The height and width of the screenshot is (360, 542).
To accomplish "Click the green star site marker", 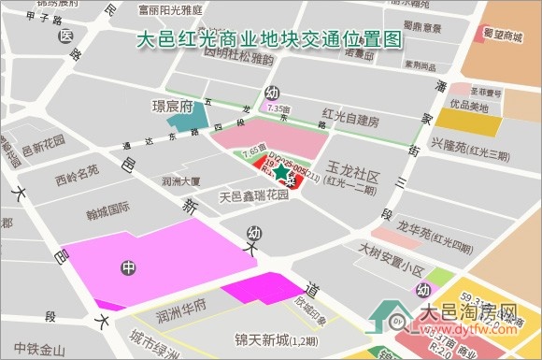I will coord(281,171).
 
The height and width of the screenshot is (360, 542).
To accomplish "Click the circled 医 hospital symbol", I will coord(64,36).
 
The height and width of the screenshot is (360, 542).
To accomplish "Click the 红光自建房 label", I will coord(349,121).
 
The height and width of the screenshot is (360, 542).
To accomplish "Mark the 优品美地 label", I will coord(469,107).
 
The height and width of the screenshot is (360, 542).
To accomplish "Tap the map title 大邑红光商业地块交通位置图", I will coord(269,40).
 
